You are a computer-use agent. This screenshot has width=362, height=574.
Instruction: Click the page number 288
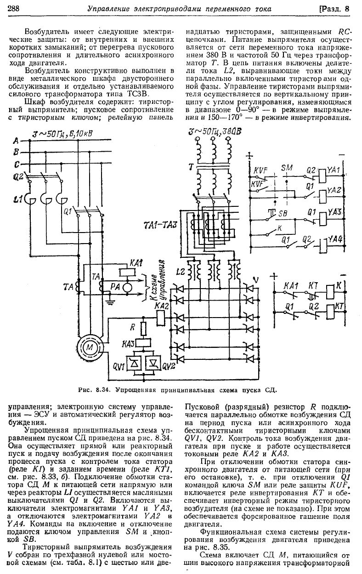pos(14,10)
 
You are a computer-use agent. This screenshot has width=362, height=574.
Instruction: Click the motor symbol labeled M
pos(90,347)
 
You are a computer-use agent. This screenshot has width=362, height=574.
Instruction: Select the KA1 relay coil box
pos(125,272)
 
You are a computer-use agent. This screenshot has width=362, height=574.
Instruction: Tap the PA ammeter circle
pos(126,287)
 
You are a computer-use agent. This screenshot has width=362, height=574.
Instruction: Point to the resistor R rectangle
pos(143,329)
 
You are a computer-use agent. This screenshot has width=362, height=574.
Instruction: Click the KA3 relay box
pos(143,342)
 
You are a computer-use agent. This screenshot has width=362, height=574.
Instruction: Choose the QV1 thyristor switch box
pos(134,364)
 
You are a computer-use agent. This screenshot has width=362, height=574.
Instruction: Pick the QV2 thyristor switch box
pos(153,364)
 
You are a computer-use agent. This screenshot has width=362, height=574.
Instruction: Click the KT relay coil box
pos(330,312)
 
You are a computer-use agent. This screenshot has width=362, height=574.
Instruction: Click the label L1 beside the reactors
pos(18,198)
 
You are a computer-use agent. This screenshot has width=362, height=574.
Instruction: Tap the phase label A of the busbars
pos(16,141)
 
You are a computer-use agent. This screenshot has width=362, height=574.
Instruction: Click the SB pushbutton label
pos(283,213)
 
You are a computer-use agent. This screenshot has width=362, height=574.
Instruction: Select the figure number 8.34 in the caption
pos(102,390)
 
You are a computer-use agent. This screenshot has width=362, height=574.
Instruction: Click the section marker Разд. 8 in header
pos(335,9)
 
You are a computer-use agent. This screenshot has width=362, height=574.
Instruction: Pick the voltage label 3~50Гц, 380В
pos(214,132)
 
